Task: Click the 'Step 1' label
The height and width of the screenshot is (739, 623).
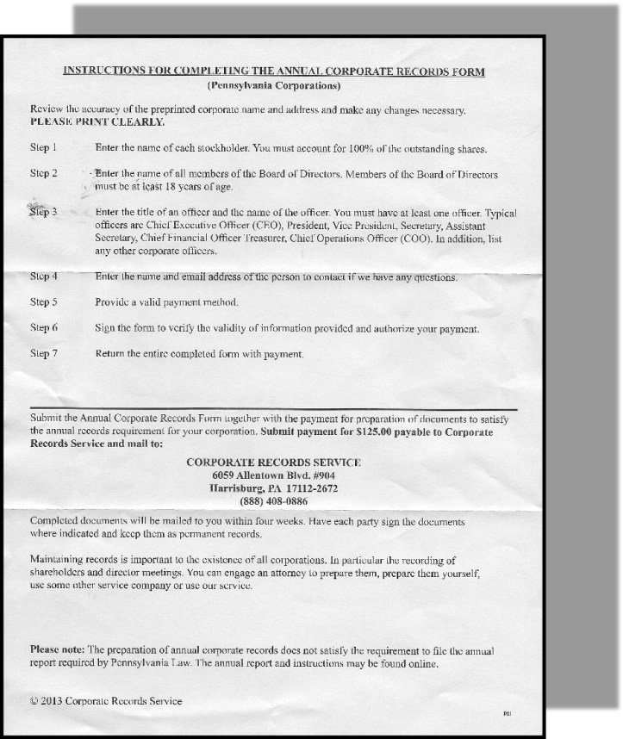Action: point(43,148)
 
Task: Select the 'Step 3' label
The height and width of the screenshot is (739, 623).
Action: point(43,211)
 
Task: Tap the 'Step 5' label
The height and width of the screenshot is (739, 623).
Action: point(43,302)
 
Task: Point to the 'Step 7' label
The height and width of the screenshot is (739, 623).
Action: point(43,353)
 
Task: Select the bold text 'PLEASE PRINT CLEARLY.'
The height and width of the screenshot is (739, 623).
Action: point(85,122)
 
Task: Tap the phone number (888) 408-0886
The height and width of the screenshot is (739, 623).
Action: point(274,501)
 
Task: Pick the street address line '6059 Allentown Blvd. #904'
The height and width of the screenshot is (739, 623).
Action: point(274,475)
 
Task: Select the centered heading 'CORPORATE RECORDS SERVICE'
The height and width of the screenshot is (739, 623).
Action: point(274,463)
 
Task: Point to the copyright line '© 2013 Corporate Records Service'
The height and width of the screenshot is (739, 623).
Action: point(106,701)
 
